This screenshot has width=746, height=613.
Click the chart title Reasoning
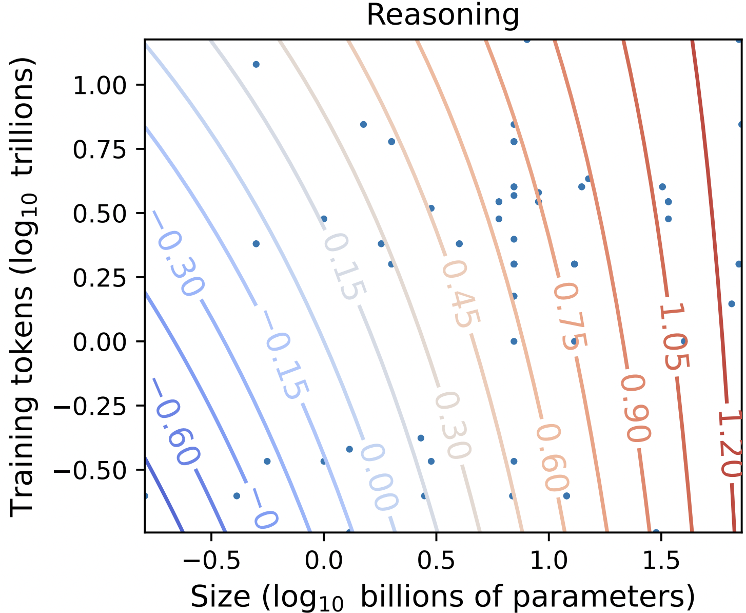443,15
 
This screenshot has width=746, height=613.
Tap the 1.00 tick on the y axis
100,85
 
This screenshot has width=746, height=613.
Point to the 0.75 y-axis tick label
100,149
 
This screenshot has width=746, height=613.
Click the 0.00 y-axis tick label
100,341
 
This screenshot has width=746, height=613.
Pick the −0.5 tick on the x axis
211,561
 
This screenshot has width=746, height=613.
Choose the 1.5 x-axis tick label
661,561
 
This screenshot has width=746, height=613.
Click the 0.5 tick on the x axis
436,561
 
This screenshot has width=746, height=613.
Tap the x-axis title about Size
443,597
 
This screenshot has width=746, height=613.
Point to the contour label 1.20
729,444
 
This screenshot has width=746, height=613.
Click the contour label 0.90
636,409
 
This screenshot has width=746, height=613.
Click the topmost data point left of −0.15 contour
256,64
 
